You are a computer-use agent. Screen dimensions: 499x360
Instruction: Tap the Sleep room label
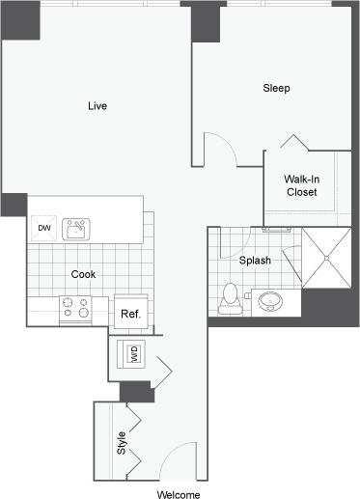coord(277,88)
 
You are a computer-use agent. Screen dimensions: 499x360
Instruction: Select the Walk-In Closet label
coord(301,185)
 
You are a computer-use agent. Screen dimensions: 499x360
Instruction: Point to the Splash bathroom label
coord(255,261)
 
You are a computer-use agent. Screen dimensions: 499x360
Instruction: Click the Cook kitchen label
coord(83,274)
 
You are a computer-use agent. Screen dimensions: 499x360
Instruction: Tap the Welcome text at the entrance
coord(180,494)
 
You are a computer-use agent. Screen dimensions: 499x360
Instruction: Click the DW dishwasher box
coord(43,228)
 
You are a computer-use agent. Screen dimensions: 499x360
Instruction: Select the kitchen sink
coord(75,229)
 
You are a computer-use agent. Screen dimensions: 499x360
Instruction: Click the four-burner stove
coord(75,308)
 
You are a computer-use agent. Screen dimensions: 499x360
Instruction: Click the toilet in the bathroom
coord(230,297)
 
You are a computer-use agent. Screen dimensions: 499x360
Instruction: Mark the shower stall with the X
coord(329,256)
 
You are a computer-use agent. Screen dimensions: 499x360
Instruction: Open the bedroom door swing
coord(221,148)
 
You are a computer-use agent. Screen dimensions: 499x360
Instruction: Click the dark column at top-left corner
coord(14,20)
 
